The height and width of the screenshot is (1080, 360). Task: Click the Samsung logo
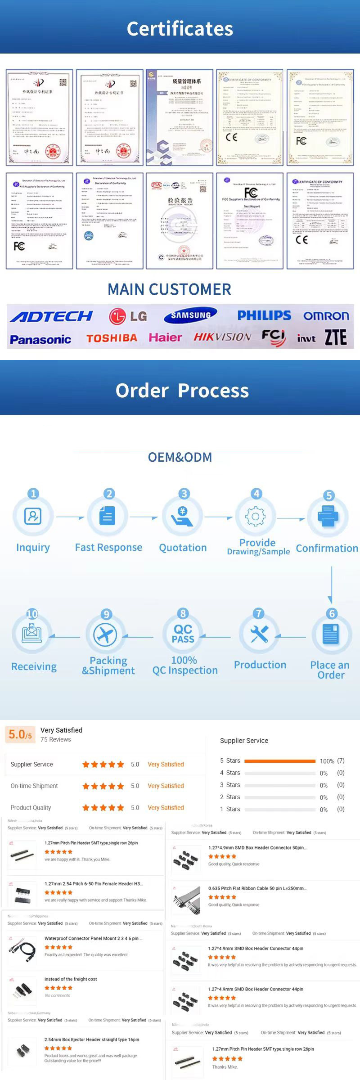190,315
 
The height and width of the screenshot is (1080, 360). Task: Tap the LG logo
128,316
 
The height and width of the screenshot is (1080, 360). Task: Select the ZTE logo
336,337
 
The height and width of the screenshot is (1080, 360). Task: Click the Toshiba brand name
112,338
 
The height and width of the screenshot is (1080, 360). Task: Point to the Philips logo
264,315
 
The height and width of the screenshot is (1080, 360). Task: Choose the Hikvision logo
222,337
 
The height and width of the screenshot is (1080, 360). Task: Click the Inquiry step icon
33,516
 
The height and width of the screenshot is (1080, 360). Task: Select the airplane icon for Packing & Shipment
105,635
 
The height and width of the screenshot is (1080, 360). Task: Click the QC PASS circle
183,634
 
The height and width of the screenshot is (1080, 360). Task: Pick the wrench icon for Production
259,634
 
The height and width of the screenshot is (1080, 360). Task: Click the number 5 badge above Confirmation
329,495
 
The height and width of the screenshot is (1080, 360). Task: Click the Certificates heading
180,29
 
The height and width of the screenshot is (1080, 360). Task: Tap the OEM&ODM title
180,457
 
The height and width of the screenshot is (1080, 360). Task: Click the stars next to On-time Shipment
103,786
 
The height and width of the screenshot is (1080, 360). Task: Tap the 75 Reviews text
56,739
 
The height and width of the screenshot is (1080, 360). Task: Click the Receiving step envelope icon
32,633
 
